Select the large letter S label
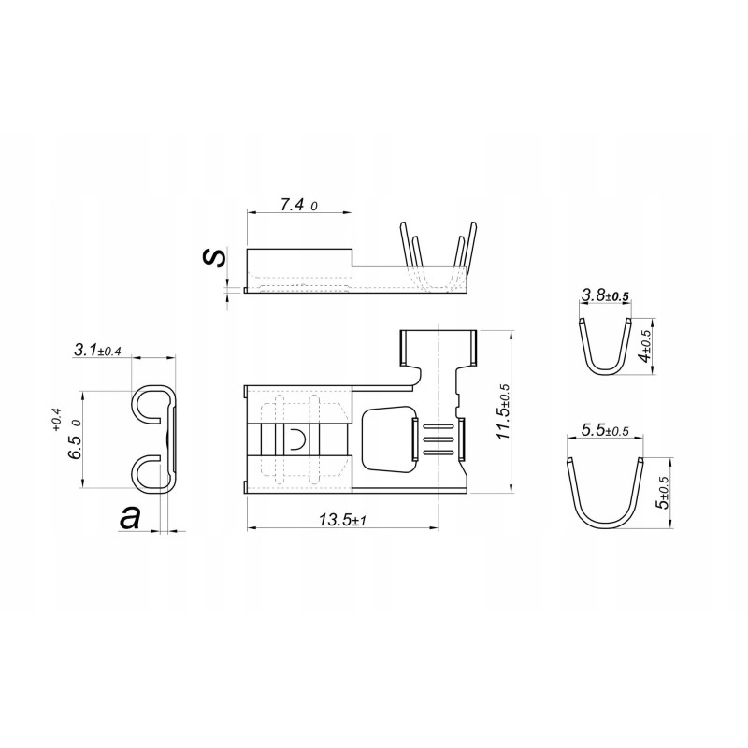214,257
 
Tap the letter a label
130,518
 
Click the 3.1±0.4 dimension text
97,351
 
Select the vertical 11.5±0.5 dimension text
502,412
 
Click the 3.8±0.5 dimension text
606,295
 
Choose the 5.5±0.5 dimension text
605,430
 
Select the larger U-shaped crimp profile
605,496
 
